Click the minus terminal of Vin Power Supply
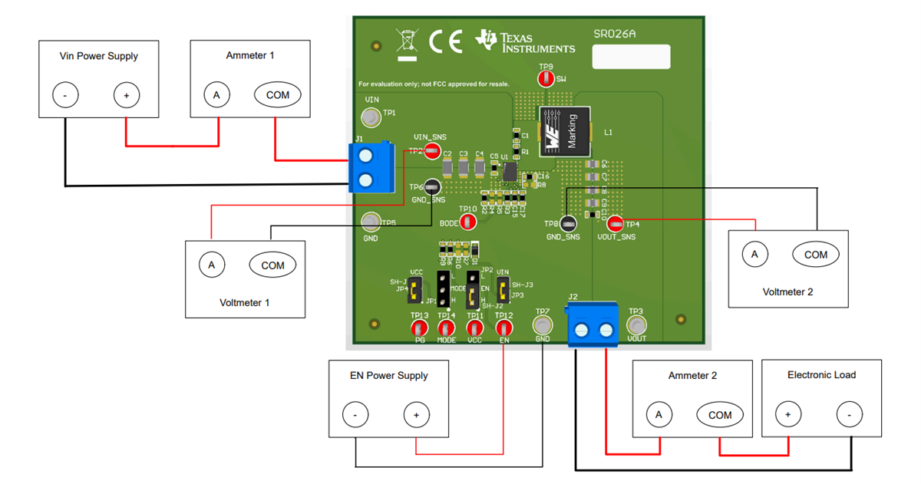tap(65, 95)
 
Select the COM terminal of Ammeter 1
tap(277, 95)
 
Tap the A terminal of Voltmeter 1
tap(211, 265)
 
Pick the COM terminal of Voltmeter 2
tap(815, 254)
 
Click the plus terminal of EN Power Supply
tap(416, 416)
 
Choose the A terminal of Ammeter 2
tap(659, 415)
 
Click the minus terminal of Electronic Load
tap(849, 415)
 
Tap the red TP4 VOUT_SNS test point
tap(615, 224)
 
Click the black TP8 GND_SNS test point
tap(568, 224)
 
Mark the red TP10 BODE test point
tap(467, 222)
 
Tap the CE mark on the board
tap(445, 42)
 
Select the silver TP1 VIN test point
tap(371, 117)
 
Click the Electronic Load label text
tap(821, 374)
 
